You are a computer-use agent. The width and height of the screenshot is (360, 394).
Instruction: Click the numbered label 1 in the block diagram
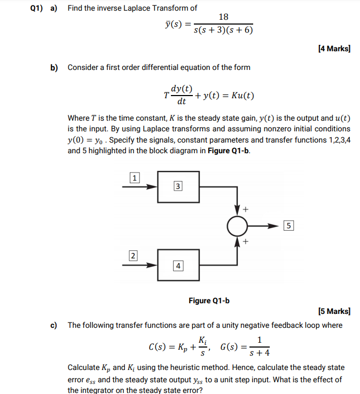pos(135,178)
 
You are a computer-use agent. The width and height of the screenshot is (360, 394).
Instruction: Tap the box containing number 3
pos(178,186)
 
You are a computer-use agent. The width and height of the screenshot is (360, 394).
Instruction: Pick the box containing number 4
pos(178,265)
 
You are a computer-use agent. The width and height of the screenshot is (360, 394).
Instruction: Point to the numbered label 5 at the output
pos(288,225)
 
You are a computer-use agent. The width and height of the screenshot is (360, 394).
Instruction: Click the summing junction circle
pos(236,226)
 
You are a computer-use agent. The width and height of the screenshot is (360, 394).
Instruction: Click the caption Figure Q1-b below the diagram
pos(209,301)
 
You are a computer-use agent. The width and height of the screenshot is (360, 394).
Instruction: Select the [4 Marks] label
pos(334,49)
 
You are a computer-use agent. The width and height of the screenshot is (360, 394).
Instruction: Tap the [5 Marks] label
pos(334,311)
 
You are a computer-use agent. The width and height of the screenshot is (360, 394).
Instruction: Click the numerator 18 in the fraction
pos(223,18)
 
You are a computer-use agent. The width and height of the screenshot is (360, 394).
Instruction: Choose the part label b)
pos(54,68)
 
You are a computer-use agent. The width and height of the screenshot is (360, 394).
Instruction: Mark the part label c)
pos(54,325)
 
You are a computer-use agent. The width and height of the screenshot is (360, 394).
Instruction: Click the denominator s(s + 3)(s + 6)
pos(223,30)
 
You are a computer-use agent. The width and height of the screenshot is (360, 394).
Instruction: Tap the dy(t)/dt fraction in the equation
pos(182,95)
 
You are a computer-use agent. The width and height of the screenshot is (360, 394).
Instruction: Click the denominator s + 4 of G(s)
pos(260,353)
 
